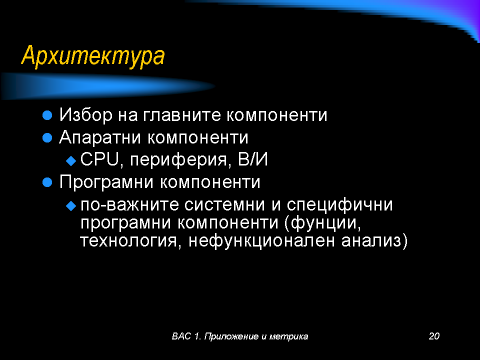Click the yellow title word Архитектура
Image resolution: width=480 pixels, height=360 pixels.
(93, 55)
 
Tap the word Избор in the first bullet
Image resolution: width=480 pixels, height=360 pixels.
(86, 115)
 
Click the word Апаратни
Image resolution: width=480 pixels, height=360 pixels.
(100, 137)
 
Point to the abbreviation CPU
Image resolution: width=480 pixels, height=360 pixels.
(99, 159)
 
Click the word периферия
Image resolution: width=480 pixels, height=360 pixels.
(179, 160)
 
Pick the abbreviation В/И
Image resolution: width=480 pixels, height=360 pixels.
(253, 159)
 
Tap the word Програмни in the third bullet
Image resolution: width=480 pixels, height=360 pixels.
(106, 182)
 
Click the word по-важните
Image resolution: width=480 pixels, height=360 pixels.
(129, 204)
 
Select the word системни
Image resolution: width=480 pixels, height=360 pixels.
(224, 204)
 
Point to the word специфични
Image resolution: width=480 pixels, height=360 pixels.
(340, 205)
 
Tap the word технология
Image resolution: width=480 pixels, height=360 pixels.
(128, 241)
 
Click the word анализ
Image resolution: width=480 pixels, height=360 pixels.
(371, 241)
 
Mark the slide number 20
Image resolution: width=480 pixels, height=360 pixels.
(434, 336)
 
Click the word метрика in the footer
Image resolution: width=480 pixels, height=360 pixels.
(288, 336)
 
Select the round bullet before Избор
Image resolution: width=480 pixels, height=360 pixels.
(47, 115)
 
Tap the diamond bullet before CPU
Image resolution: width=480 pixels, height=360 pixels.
(71, 160)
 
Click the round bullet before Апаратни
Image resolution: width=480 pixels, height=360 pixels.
(47, 138)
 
